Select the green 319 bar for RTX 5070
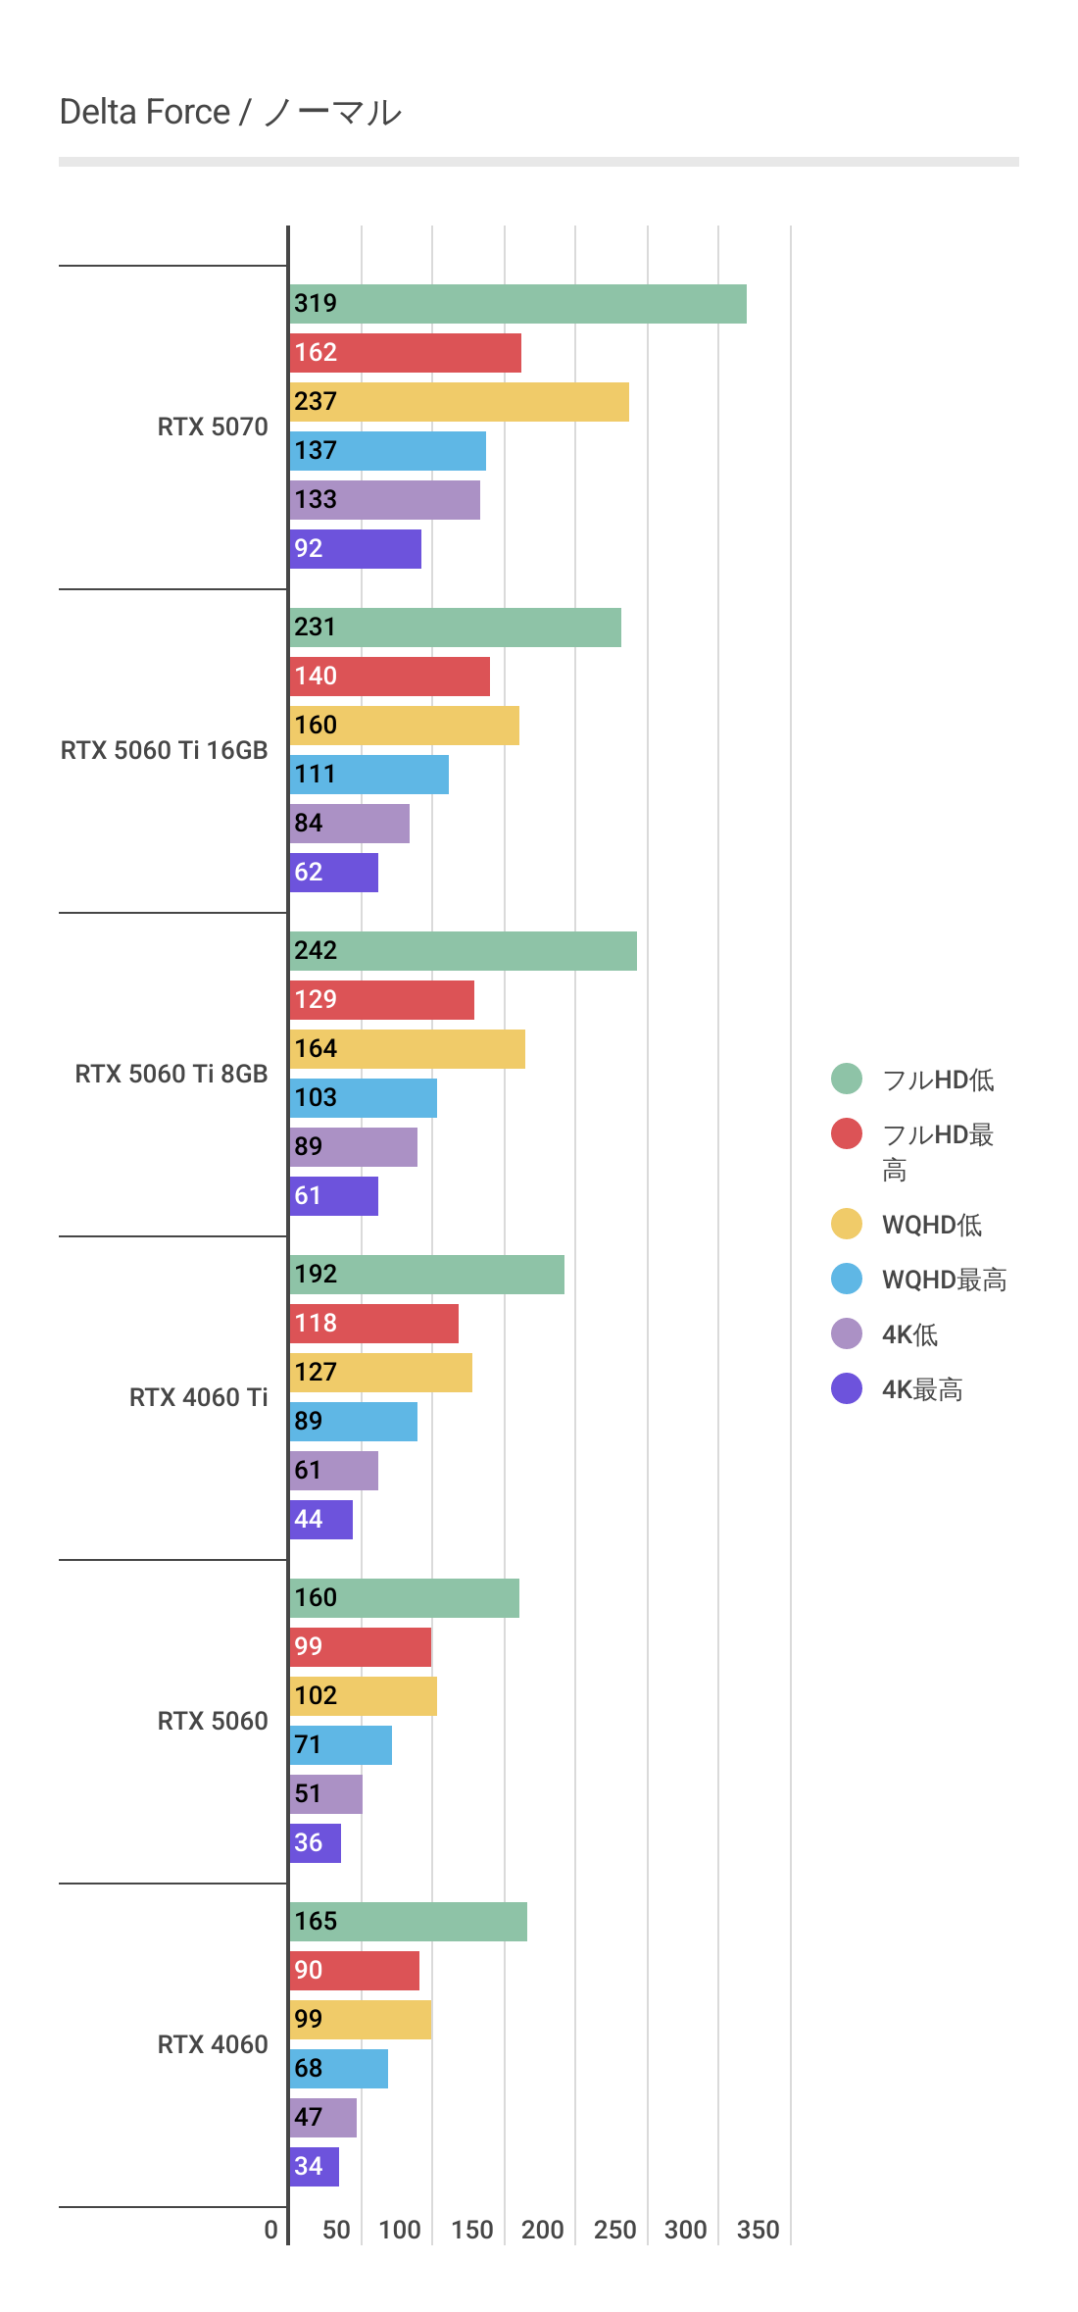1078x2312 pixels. tap(517, 304)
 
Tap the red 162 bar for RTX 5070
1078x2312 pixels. tap(405, 353)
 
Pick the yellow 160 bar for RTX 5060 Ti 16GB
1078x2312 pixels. tap(404, 726)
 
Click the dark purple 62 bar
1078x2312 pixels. tap(334, 873)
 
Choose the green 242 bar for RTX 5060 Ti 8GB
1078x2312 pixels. tap(463, 951)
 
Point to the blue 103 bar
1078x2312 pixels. tap(364, 1098)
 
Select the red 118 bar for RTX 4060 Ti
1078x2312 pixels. tap(373, 1324)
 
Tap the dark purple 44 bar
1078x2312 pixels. tap(321, 1520)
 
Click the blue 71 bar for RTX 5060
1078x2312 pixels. tap(341, 1745)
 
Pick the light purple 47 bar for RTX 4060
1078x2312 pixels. tap(323, 2118)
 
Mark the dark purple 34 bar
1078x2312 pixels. tap(315, 2167)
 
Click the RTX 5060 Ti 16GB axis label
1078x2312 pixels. tap(164, 750)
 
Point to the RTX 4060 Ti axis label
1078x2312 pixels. tap(198, 1397)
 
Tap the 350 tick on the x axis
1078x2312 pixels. tap(758, 2230)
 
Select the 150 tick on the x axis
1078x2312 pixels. tap(471, 2230)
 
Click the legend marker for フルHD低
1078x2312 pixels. tap(847, 1079)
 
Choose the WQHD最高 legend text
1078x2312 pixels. tap(944, 1280)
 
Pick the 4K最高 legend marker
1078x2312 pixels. tap(847, 1388)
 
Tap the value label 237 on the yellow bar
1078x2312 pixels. tap(316, 402)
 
